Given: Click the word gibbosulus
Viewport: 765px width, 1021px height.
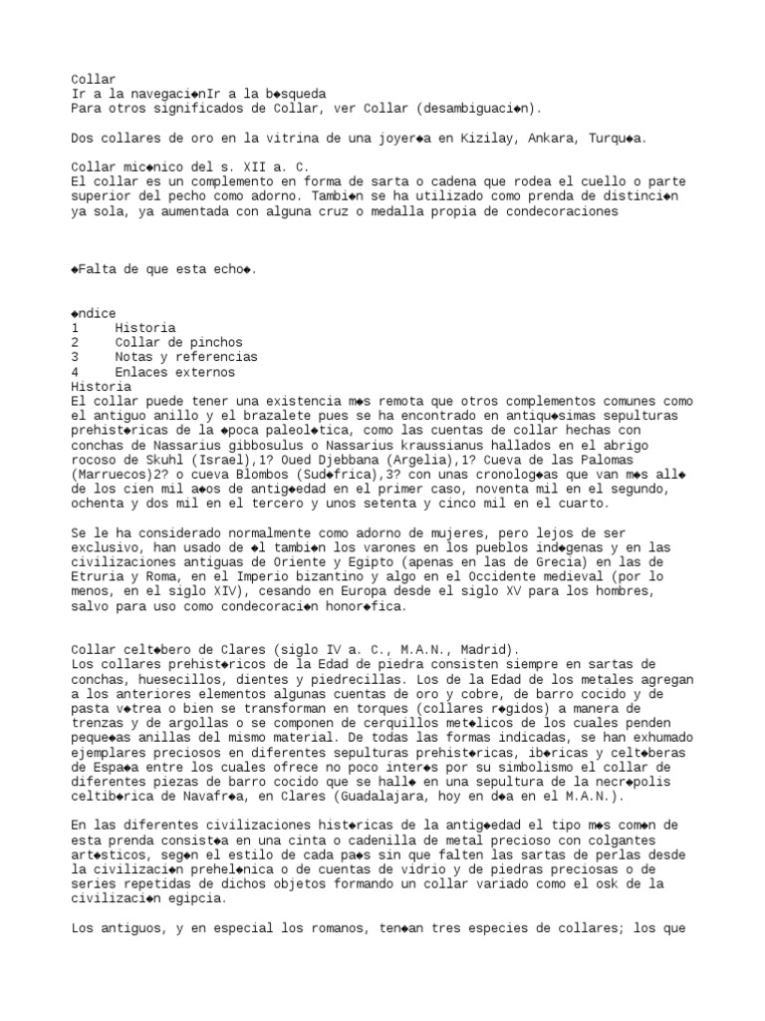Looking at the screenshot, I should (x=238, y=445).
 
